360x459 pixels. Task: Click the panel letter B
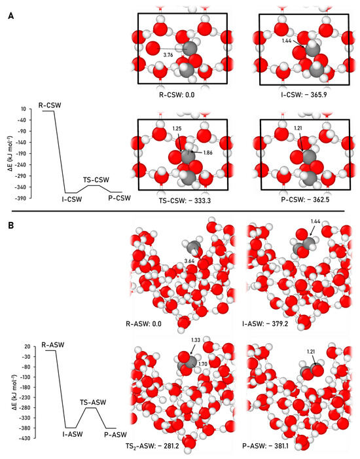click(10, 224)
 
